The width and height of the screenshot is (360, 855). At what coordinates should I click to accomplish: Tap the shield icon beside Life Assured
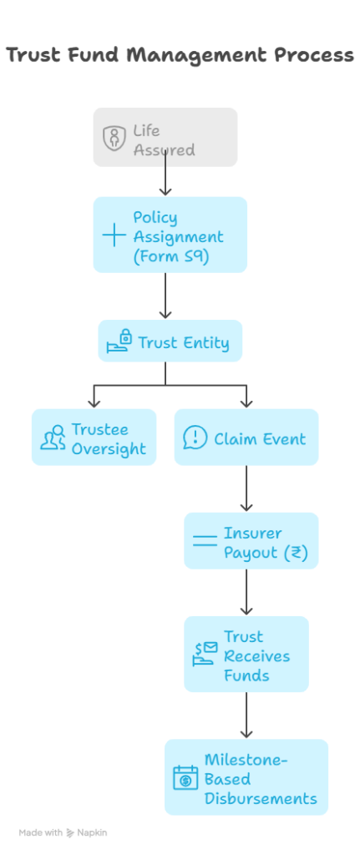coord(114,138)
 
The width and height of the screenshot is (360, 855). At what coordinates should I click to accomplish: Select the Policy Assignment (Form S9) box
coord(170,235)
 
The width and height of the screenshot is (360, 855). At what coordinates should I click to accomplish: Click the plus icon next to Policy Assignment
coord(114,235)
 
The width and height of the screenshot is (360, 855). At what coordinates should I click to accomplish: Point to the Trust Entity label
coord(183,343)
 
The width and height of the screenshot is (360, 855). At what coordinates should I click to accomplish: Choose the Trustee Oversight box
coord(94,438)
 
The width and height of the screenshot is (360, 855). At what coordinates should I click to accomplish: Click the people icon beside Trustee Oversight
coord(53,438)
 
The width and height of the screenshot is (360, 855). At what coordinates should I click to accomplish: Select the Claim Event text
coord(260,439)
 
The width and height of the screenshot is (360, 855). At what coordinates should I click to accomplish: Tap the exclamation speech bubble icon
coord(195,438)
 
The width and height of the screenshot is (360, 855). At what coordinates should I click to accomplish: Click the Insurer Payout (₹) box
coord(251,541)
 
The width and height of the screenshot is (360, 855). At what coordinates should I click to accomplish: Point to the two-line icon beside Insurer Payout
coord(205,541)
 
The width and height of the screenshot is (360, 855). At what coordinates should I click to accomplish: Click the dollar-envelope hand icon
coord(205,654)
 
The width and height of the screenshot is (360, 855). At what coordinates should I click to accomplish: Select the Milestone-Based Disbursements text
coord(261,779)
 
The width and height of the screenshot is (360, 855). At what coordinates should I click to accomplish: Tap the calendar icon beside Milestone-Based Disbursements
coord(185,777)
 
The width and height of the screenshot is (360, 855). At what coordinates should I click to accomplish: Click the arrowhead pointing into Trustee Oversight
coord(94,403)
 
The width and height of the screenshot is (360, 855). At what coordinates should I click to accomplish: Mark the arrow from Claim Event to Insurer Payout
coord(246,488)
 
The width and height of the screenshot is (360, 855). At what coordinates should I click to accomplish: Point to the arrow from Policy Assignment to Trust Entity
coord(165,296)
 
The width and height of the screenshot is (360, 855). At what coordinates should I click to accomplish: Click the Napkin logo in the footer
coord(70,832)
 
